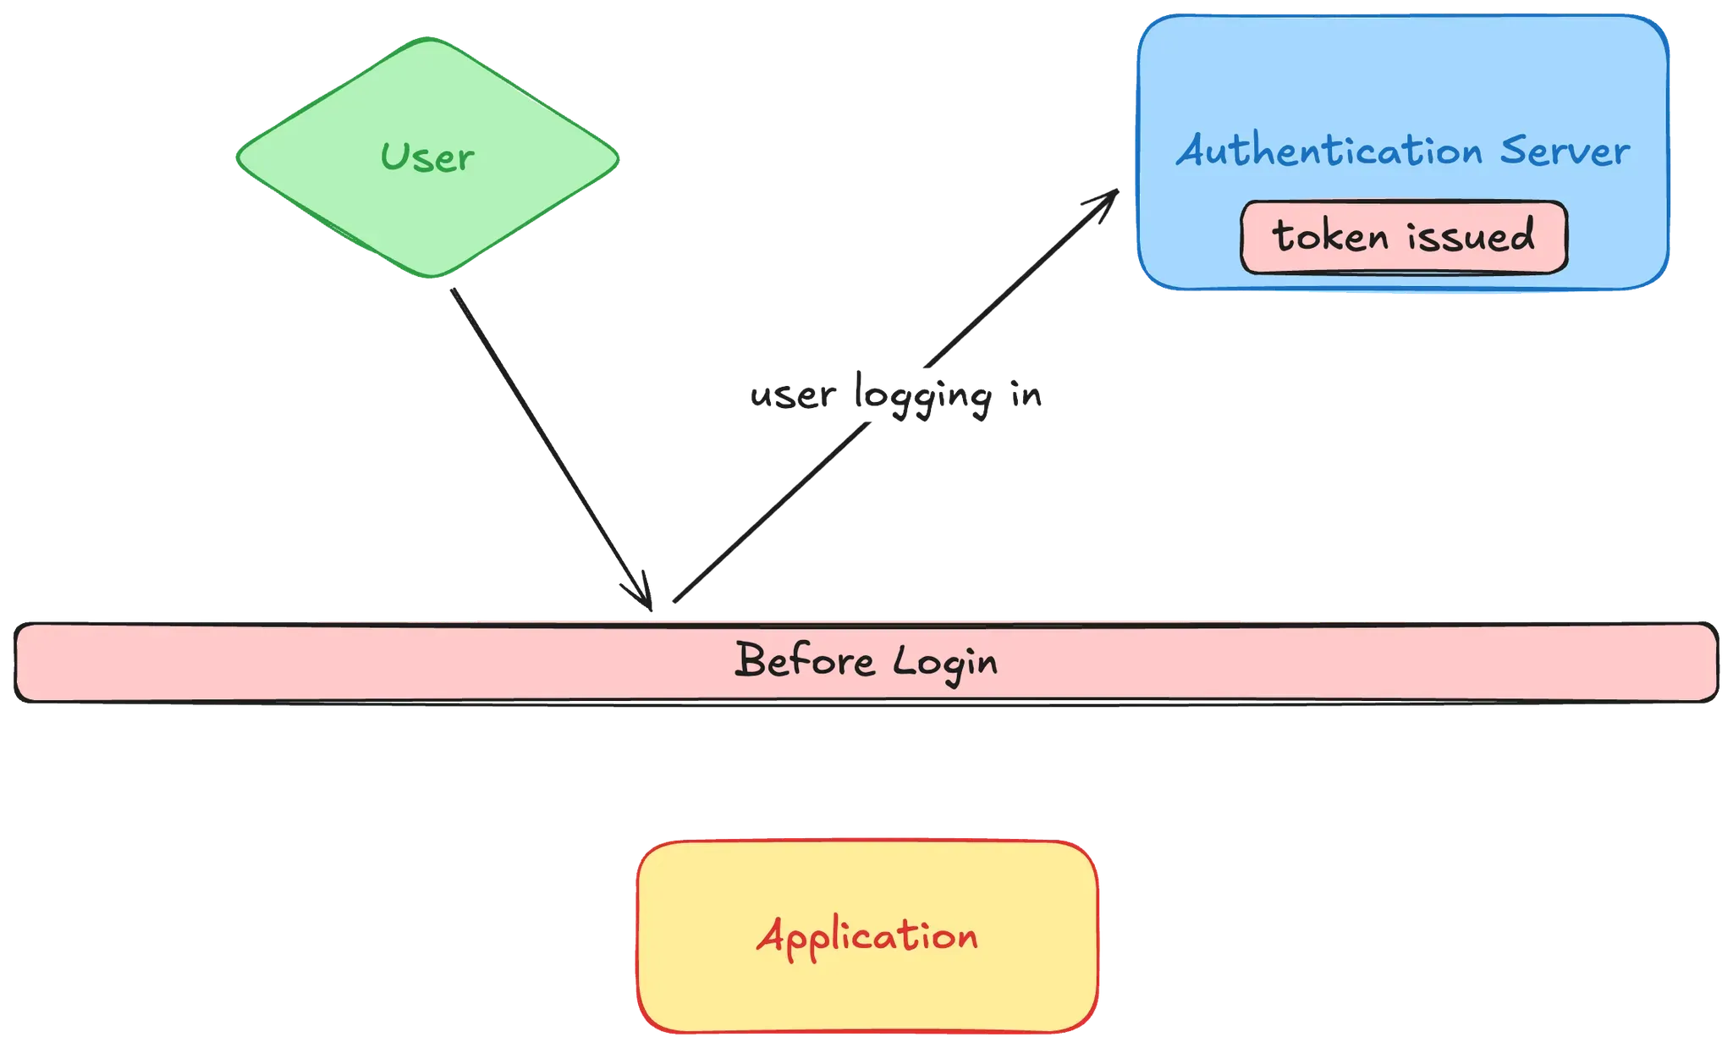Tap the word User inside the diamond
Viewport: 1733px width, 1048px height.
point(427,157)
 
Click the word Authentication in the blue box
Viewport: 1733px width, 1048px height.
point(1329,152)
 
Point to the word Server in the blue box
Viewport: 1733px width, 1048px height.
point(1565,152)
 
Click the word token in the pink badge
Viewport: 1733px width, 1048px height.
point(1330,236)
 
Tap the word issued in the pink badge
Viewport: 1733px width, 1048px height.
point(1471,235)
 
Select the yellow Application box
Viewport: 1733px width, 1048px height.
point(867,990)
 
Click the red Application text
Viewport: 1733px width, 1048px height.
point(867,937)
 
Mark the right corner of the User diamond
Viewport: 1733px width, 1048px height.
point(619,157)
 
